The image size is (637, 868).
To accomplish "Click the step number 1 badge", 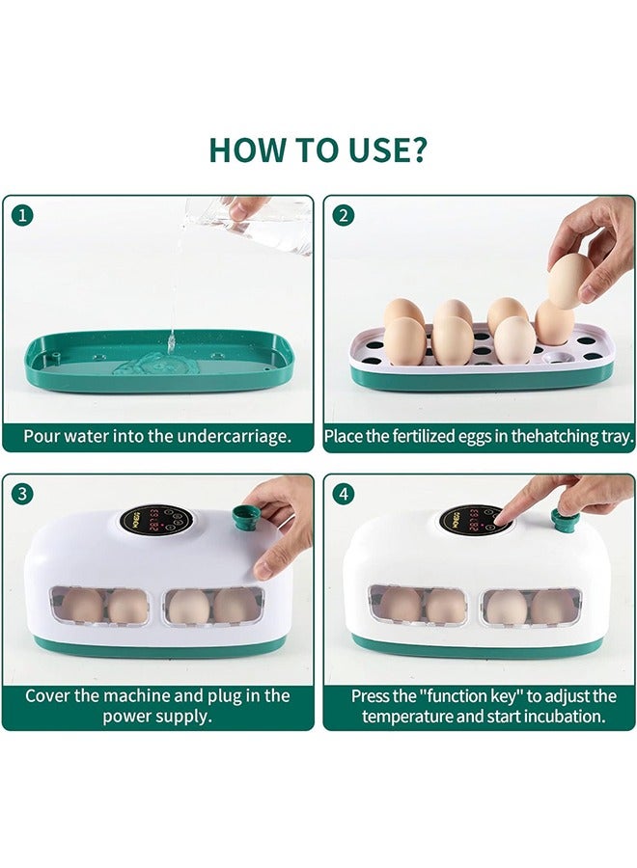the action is pos(22,215).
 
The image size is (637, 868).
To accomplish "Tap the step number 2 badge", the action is pos(344,215).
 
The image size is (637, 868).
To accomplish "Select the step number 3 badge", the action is pos(22,493).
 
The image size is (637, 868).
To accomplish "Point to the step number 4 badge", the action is pos(344,493).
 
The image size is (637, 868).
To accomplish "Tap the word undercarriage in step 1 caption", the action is pos(233,436).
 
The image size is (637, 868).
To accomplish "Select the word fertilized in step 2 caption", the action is pos(423,436).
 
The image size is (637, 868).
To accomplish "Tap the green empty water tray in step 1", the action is pos(158,361).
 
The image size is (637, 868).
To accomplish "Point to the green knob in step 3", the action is pos(244,517).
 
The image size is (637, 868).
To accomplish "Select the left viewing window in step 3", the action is pos(100,607).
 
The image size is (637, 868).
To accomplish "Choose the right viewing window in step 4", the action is pos(531,608).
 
